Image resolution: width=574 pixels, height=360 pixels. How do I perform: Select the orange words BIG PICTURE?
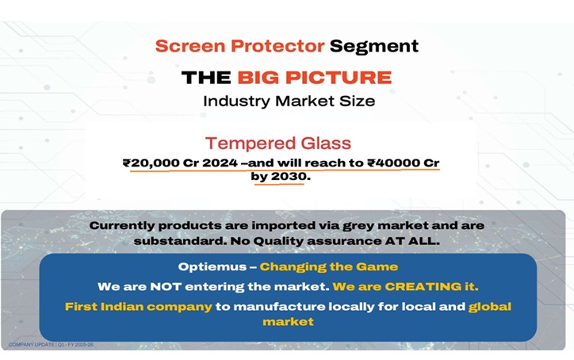[x=314, y=77]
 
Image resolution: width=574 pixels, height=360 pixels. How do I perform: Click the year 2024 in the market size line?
[x=219, y=163]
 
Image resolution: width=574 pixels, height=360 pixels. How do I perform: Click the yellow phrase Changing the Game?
[x=328, y=267]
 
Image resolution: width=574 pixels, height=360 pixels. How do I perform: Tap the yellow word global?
[x=490, y=306]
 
